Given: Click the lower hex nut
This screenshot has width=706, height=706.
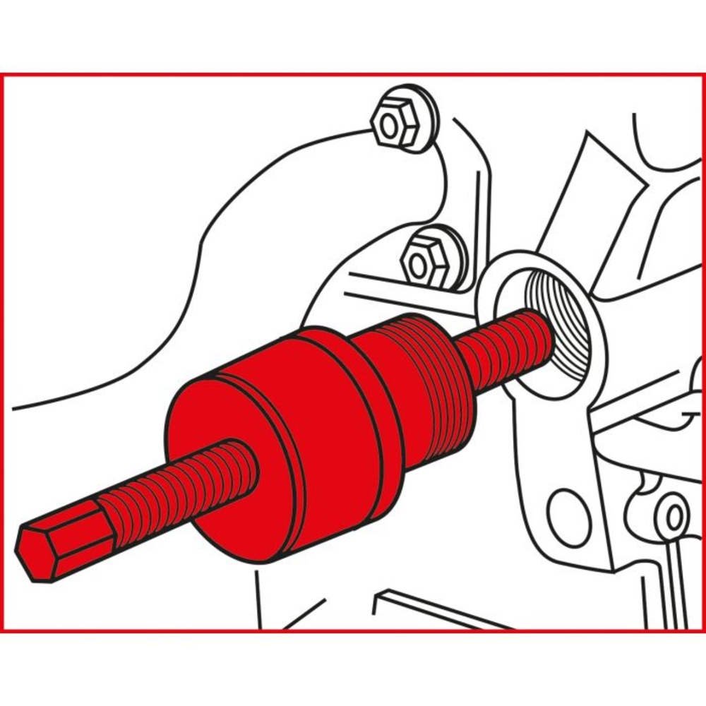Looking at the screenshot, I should tap(424, 263).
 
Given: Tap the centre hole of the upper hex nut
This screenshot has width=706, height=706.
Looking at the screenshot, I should tap(387, 127).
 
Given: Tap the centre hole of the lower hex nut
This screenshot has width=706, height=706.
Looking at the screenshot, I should tap(418, 266).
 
